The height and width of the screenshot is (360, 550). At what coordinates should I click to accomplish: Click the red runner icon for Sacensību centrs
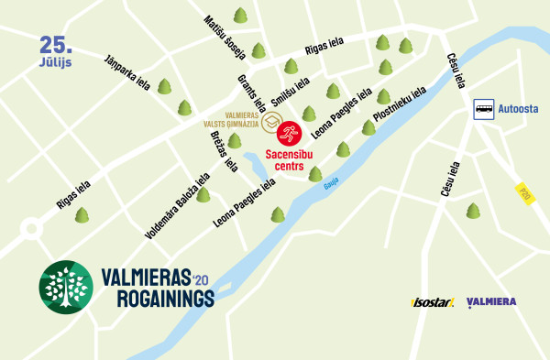click(289, 134)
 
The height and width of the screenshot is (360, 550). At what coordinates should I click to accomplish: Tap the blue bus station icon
click(484, 110)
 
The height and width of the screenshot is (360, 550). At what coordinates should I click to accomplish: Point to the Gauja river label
click(331, 184)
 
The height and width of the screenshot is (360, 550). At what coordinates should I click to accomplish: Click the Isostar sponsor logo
click(433, 302)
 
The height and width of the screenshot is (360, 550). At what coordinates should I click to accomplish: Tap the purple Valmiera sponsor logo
click(491, 302)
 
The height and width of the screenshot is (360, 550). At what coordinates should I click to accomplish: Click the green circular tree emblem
click(65, 287)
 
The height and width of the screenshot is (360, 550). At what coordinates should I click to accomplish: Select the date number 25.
click(57, 44)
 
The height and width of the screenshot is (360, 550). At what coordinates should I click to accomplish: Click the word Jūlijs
click(57, 61)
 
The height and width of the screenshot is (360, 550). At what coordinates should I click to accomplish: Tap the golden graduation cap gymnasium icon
click(271, 122)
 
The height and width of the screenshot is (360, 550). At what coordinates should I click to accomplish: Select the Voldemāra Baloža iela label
click(178, 206)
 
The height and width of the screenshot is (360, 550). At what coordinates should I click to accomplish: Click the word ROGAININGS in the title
click(165, 299)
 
